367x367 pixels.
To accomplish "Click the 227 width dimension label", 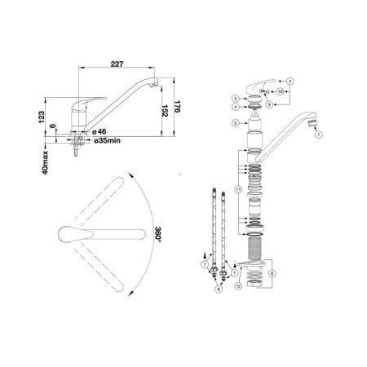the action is tap(117, 64).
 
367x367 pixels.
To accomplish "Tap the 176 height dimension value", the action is tap(178, 107).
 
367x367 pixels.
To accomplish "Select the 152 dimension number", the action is tap(165, 111).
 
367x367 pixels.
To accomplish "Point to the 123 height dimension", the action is tap(41, 117).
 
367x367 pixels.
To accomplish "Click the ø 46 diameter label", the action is tap(99, 132).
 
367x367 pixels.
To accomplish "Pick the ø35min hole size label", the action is tap(107, 141).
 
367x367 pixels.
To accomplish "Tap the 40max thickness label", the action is tap(45, 162).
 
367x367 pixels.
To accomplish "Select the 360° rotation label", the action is tap(158, 233).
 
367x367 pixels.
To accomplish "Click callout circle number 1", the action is tap(319, 135).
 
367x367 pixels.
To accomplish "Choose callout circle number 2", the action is tap(290, 81).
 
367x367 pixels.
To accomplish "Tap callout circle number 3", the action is tap(236, 99).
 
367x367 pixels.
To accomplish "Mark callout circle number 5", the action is tap(236, 123).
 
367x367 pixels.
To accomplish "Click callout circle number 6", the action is tap(272, 273).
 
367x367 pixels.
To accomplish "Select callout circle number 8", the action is tap(219, 290).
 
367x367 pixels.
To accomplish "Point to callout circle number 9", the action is tap(269, 104).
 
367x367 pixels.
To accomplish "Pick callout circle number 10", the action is tap(281, 91).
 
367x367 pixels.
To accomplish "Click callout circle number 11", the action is tap(238, 189).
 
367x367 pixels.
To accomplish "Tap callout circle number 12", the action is tap(238, 286).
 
